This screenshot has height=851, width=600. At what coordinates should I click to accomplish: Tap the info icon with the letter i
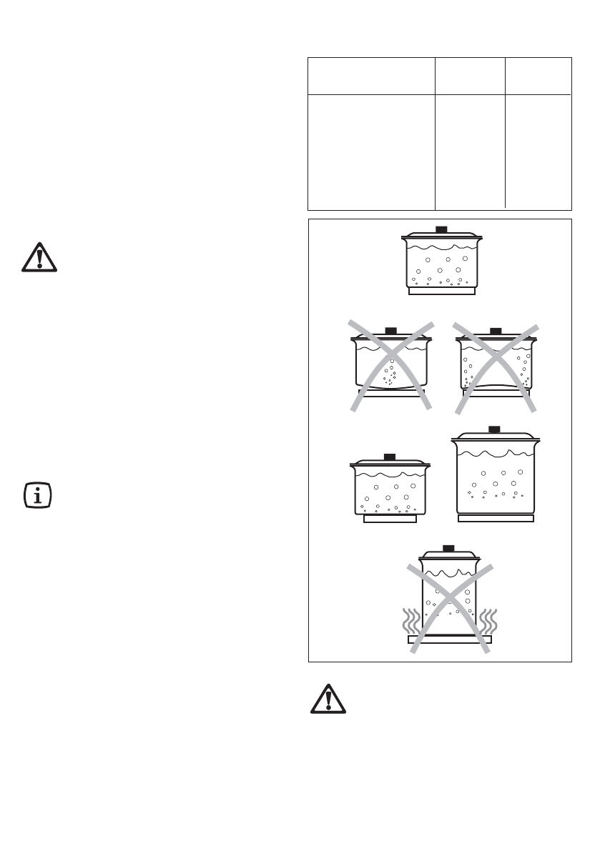click(37, 495)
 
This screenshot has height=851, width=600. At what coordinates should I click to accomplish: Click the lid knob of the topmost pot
click(441, 229)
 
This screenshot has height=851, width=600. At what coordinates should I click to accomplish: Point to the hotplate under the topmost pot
click(441, 291)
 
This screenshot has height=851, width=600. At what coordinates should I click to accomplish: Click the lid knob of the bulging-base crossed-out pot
click(390, 330)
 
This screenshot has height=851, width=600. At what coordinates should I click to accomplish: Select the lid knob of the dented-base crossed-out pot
click(495, 330)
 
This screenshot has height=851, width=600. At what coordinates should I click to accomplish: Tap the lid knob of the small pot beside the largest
click(390, 456)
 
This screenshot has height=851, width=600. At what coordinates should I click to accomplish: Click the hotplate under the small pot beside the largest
click(390, 519)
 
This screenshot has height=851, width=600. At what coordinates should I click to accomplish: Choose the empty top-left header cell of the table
click(371, 76)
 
